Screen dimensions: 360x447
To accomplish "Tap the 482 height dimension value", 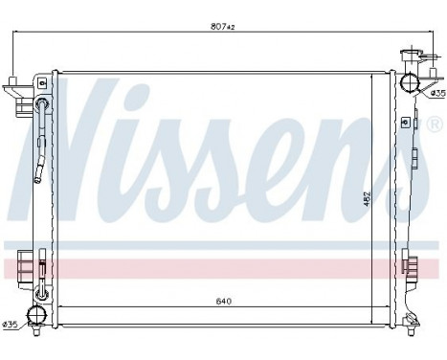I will point(367,198).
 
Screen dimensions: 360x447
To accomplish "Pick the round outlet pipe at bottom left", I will point(37,315).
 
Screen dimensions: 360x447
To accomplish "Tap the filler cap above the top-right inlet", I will point(410,56).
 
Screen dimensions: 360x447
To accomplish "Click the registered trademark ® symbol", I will point(434,125).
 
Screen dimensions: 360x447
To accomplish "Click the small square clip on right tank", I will point(405,122).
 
